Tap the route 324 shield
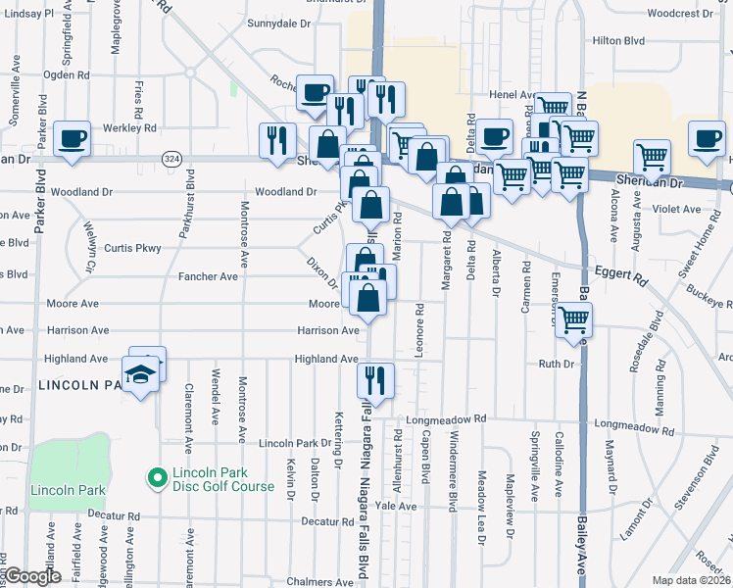[x=171, y=158]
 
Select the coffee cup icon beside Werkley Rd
[x=73, y=139]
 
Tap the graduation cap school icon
[x=140, y=374]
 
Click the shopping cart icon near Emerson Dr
[x=574, y=318]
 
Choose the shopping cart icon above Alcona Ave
[x=652, y=156]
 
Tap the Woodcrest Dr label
[x=681, y=13]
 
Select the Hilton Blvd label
[x=619, y=40]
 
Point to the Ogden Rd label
[x=67, y=74]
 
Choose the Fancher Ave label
[x=208, y=277]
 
